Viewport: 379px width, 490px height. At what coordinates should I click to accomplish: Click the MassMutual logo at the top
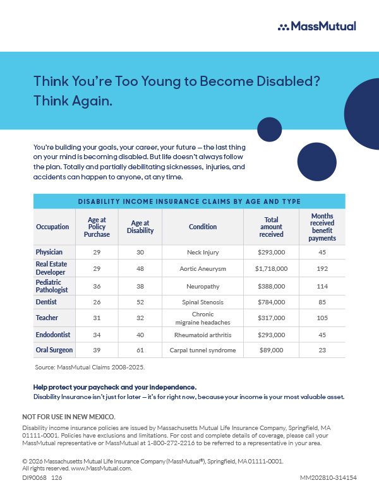(x=316, y=27)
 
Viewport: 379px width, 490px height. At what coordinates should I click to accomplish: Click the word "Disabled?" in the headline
(x=288, y=81)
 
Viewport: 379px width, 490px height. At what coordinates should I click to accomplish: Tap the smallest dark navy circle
(x=270, y=129)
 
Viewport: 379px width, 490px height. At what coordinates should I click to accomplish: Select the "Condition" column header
(x=203, y=227)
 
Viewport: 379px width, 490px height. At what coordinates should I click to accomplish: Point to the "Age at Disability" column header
(x=140, y=227)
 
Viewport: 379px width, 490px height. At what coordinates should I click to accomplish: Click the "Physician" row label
(x=49, y=252)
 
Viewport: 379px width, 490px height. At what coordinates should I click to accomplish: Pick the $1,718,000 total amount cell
(x=271, y=269)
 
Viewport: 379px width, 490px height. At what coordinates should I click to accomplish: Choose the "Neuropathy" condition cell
(x=203, y=286)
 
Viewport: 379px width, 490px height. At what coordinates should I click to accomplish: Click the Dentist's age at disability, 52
(x=140, y=302)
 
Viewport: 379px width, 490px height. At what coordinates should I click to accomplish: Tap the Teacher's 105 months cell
(x=322, y=318)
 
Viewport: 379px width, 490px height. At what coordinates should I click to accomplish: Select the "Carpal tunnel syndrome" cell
(x=203, y=350)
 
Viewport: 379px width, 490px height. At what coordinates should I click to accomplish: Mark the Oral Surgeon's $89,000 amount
(x=271, y=350)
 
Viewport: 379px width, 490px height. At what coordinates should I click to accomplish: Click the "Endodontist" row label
(x=53, y=335)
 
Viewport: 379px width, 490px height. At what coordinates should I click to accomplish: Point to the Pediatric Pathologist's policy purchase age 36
(x=97, y=286)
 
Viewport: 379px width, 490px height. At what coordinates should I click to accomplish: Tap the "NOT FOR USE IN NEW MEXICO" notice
(x=69, y=417)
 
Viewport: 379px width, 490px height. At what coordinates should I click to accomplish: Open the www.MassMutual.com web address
(x=101, y=469)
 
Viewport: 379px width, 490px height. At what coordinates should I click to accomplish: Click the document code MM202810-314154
(x=328, y=478)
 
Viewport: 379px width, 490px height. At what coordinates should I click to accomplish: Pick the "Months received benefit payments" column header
(x=322, y=227)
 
